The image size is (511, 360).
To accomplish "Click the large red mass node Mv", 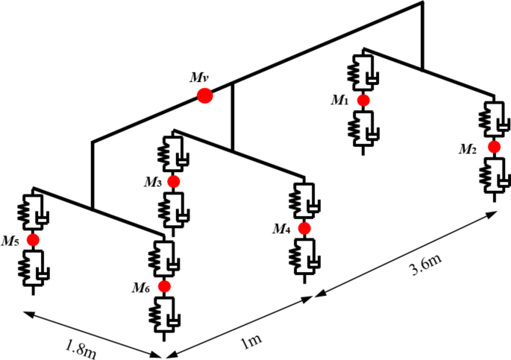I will [204, 95].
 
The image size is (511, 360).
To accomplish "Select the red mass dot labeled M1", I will [363, 100].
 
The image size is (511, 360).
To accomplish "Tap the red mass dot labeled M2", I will [493, 148].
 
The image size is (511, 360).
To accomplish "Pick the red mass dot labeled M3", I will [174, 181].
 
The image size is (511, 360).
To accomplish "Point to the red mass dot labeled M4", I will [304, 228].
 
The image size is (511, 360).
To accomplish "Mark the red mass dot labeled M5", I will [33, 240].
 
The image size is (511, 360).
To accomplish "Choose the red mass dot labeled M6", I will [164, 285].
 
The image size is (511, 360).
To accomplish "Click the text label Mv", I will [198, 77].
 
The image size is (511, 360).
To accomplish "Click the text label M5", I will [10, 241].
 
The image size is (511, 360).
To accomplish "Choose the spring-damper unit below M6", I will [164, 312].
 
